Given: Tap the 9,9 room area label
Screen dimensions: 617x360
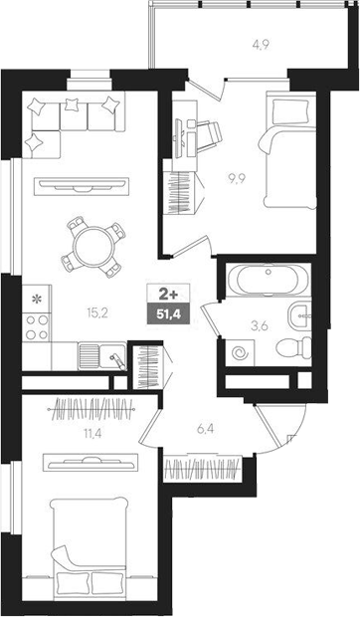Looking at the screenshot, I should point(238,179).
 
